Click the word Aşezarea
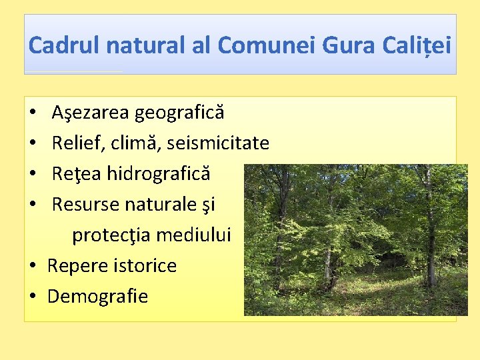91,113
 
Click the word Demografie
97,296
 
